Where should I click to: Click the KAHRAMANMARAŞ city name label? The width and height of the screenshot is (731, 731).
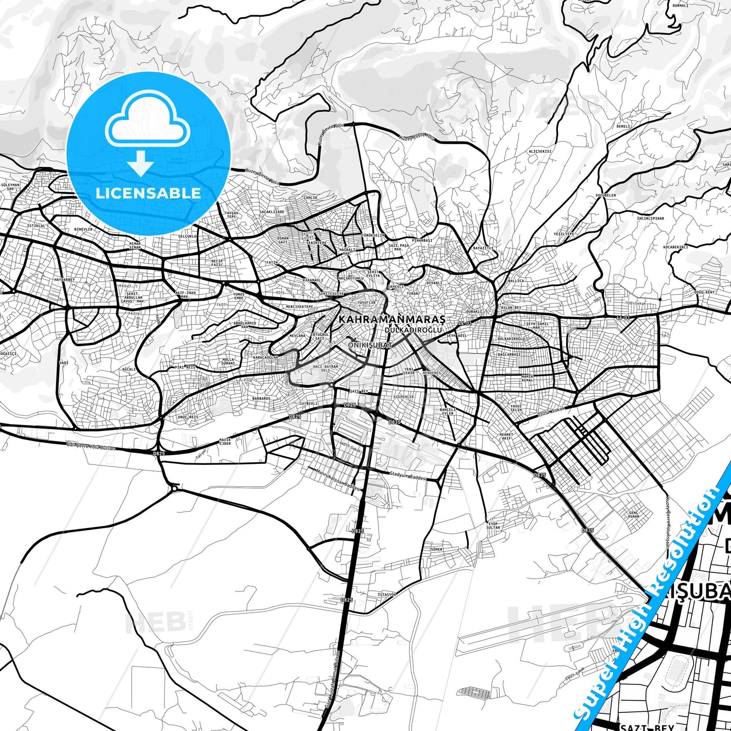(392, 320)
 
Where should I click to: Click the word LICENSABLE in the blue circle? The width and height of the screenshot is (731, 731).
(148, 193)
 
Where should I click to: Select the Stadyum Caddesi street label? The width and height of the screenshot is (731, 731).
(408, 476)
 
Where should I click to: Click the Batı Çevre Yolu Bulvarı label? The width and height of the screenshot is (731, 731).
(91, 447)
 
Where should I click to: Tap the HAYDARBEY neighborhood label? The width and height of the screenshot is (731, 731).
(64, 280)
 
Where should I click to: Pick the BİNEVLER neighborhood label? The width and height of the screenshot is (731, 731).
(83, 229)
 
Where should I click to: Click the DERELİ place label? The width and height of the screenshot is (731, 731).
(623, 126)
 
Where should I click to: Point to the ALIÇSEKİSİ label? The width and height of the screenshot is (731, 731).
(540, 151)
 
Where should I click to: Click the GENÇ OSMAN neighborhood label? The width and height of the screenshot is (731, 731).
(633, 514)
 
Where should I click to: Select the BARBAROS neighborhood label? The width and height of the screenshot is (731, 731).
(262, 399)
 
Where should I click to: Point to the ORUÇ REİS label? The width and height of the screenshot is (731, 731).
(187, 417)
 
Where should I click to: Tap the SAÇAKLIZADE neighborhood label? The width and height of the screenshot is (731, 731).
(272, 211)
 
